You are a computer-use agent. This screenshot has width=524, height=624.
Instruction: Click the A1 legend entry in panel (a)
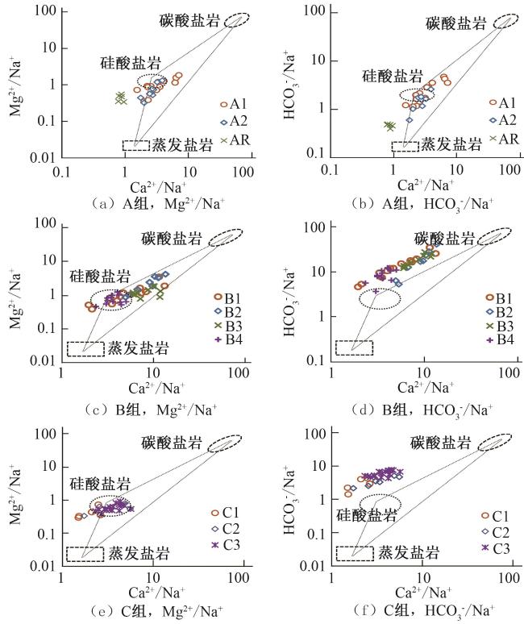click(232, 104)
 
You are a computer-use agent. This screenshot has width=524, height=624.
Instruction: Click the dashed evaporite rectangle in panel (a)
click(135, 145)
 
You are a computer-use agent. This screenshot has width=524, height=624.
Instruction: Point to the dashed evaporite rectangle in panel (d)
click(354, 347)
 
